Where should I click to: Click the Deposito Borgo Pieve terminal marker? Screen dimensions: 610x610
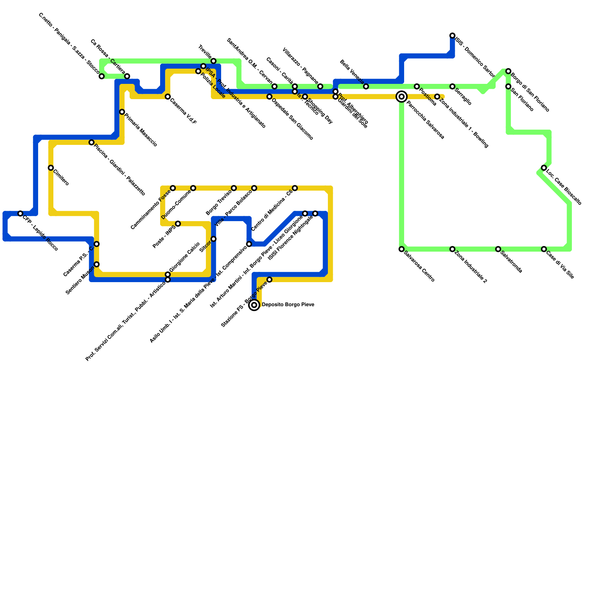pos(254,305)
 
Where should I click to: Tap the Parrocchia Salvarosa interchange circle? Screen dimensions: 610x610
pos(401,97)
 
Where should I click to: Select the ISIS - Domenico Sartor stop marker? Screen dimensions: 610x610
pos(452,36)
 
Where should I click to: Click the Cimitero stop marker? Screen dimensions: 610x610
pos(51,168)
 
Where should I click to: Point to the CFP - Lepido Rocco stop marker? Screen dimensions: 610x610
pos(21,213)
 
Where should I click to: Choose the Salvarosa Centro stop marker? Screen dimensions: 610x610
pos(401,249)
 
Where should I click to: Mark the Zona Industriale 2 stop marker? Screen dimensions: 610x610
pos(452,249)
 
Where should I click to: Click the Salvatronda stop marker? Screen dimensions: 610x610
pos(498,249)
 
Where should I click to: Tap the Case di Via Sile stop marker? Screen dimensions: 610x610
pos(544,249)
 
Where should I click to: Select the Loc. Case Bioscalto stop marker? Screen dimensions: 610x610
pos(544,168)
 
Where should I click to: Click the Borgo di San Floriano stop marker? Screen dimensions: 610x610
pos(508,71)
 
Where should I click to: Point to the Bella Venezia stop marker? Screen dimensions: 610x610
pos(366,87)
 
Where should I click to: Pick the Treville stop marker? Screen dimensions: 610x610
pos(213,61)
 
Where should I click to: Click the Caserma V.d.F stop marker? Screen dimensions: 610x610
pos(168,97)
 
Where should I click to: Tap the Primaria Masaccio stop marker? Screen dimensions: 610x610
pos(122,112)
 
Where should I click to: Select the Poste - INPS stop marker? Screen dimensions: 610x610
pos(178,224)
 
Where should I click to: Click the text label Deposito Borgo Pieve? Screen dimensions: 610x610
pos(288,305)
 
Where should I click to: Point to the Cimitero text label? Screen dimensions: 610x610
pos(61,178)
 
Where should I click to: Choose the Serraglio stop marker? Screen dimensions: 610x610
pos(452,87)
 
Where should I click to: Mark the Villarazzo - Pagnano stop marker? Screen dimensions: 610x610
pos(320,87)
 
